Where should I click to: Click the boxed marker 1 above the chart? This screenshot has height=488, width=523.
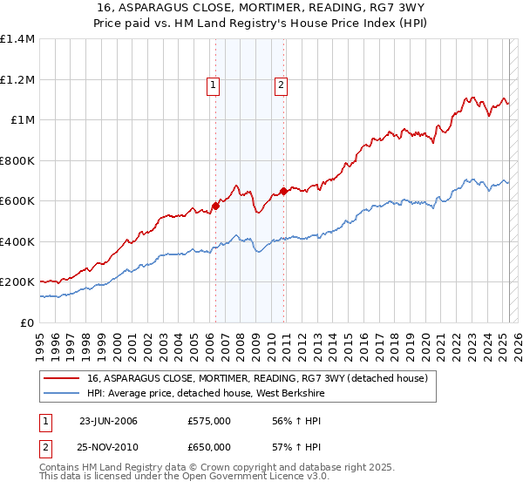click(x=214, y=85)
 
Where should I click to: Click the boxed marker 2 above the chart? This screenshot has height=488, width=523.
click(x=282, y=85)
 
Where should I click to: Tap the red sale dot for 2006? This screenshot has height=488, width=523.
click(x=215, y=206)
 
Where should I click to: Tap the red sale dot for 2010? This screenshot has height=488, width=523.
click(x=283, y=191)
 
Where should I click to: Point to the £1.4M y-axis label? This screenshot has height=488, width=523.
click(x=17, y=39)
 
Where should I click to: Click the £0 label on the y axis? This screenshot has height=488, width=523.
click(x=28, y=322)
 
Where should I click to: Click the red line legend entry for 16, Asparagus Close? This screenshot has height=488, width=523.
click(x=257, y=379)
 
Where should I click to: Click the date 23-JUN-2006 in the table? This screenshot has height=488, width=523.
click(x=108, y=421)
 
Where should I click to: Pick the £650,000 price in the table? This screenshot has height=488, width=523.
click(x=209, y=447)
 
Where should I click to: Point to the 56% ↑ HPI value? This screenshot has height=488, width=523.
click(x=287, y=421)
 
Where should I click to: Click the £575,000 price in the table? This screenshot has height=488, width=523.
click(x=209, y=421)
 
